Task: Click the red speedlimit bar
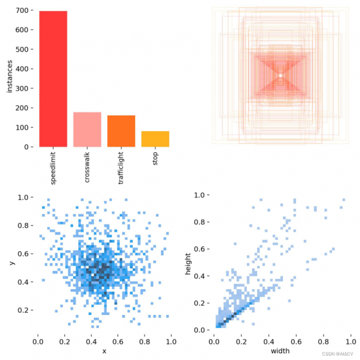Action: (53, 79)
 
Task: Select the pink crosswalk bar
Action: (87, 129)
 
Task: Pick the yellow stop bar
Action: (155, 139)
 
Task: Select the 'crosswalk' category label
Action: (87, 168)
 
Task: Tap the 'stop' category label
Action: (155, 160)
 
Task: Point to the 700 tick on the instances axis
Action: (22, 11)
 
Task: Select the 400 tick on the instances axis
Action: (22, 69)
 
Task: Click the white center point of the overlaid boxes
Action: (280, 75)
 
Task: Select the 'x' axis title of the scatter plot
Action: (105, 351)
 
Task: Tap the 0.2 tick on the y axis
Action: (25, 310)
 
